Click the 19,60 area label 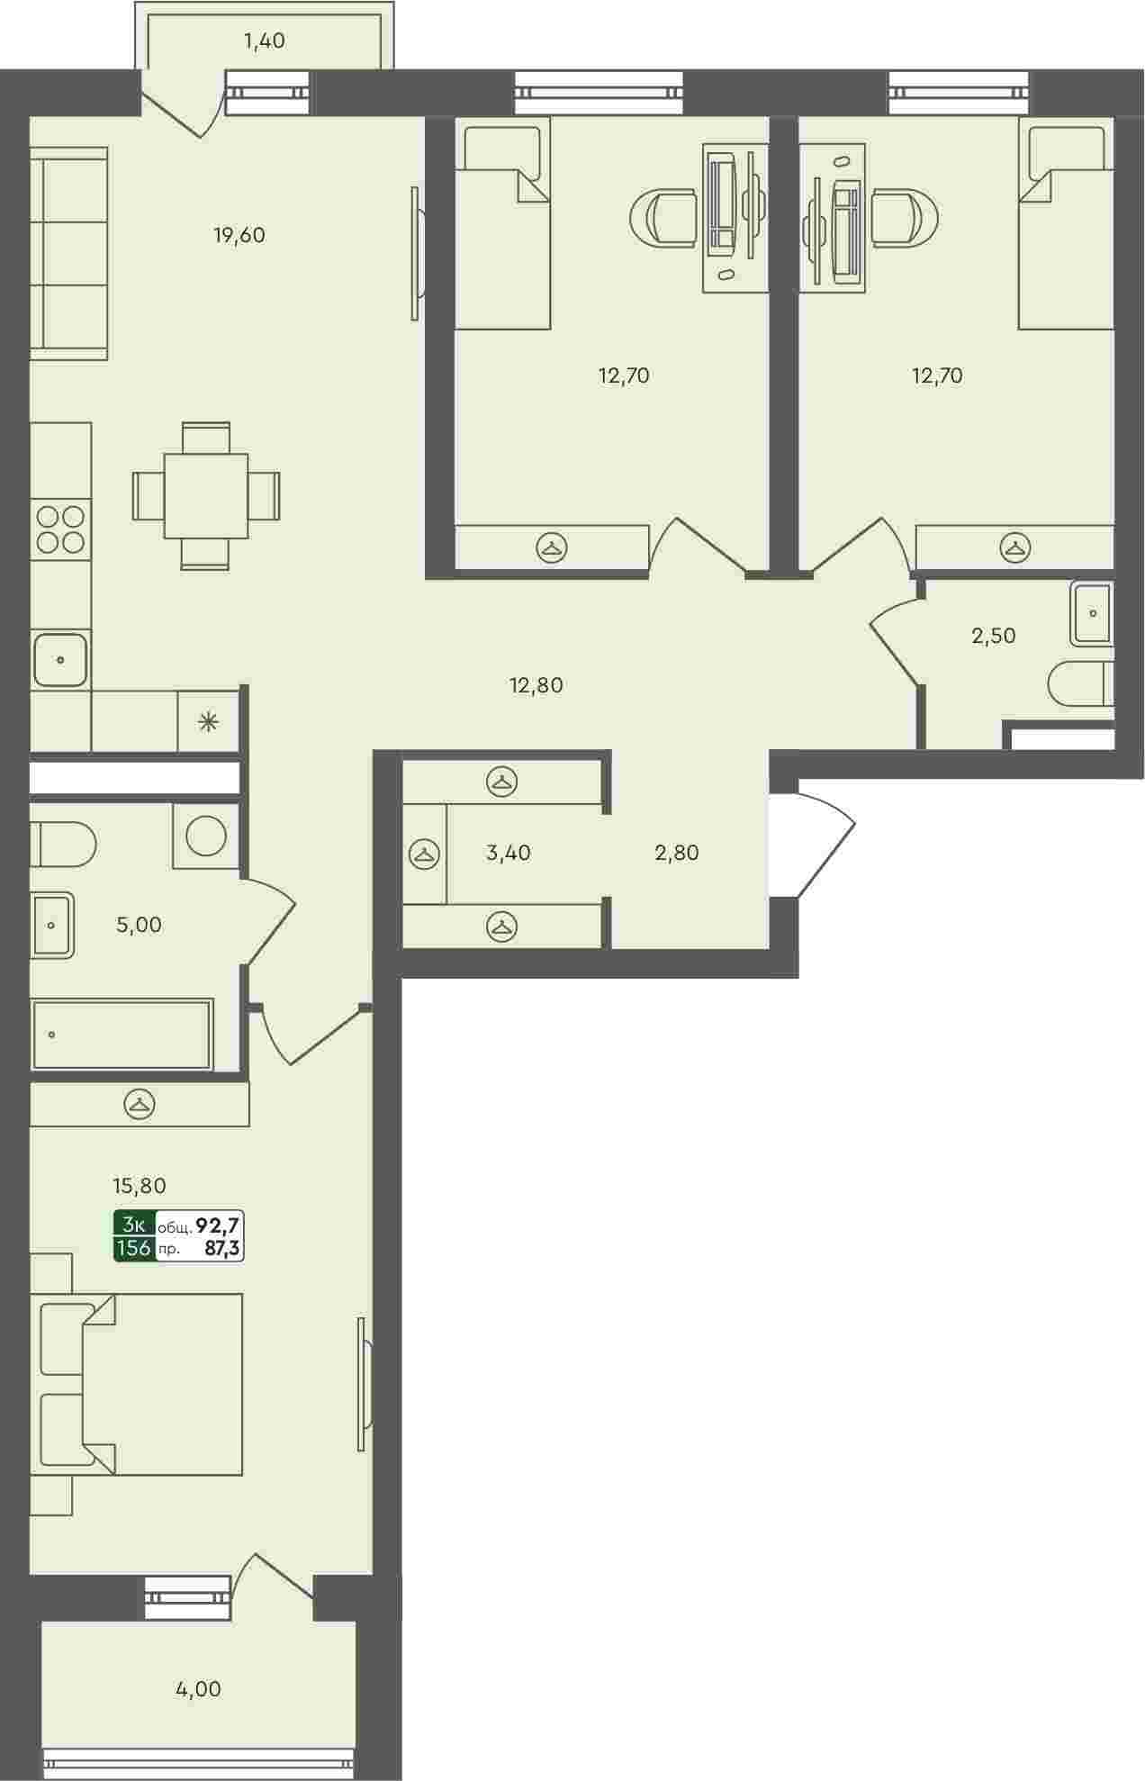(x=239, y=236)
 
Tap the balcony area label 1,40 (x=265, y=41)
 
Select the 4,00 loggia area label (x=198, y=1689)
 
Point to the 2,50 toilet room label (x=994, y=636)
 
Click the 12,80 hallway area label (x=536, y=685)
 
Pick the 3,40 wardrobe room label (x=509, y=853)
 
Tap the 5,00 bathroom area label (x=140, y=925)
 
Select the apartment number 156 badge (x=134, y=1248)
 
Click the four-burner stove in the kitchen (x=61, y=529)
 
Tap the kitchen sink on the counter (x=60, y=659)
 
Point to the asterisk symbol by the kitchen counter (x=208, y=720)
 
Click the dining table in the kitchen (x=206, y=496)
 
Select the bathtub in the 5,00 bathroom (x=122, y=1035)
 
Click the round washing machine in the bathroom (x=206, y=836)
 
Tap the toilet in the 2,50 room (x=1081, y=685)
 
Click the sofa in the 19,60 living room (x=69, y=254)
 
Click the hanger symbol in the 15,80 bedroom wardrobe (x=140, y=1103)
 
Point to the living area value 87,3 (x=224, y=1248)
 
